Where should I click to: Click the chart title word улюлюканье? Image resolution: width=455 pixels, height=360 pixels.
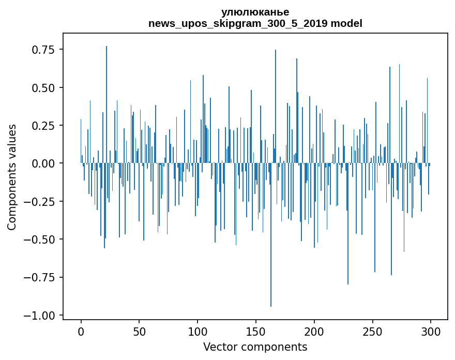255,12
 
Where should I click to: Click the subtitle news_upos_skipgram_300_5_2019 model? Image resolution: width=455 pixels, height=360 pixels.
255,23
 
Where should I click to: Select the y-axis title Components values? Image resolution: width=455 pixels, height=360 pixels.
11,177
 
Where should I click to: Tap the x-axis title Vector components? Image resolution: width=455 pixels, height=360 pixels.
255,347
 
